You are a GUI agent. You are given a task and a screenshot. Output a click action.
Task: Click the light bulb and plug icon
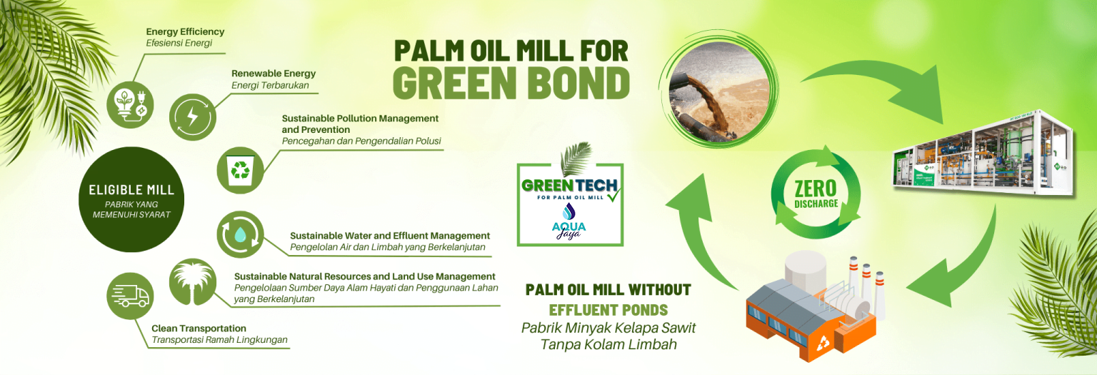130,105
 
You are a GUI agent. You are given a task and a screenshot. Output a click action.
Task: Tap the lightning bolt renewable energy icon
192,117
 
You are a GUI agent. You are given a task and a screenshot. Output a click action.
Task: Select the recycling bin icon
240,171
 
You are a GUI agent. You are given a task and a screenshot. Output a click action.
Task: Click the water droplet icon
240,234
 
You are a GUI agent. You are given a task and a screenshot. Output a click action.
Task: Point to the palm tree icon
192,282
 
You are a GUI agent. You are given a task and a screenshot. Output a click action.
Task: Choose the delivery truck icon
130,296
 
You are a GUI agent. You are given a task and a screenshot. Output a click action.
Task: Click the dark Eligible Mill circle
131,199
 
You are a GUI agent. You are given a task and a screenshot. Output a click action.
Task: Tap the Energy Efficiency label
185,32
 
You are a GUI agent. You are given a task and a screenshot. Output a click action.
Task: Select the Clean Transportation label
199,328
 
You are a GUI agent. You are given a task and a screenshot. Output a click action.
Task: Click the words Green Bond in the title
511,83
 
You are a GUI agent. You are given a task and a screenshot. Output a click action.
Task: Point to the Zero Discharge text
816,194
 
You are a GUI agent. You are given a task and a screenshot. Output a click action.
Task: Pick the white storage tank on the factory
805,269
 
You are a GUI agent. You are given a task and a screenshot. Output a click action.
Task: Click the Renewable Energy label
274,74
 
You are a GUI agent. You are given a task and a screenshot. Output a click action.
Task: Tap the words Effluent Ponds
608,310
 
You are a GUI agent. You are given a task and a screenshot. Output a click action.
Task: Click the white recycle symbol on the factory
823,343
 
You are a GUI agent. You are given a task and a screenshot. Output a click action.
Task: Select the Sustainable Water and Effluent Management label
390,236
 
